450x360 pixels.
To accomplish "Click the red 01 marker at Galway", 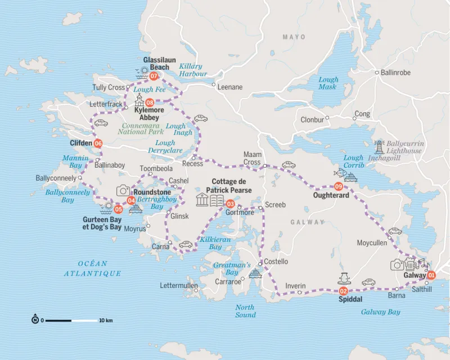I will pos(431,276).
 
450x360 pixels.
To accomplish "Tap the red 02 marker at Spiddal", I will pos(343,291).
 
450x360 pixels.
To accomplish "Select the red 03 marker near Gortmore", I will pos(229,203).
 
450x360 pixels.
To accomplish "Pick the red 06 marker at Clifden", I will pos(98,143).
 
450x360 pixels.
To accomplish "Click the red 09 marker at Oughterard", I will pos(339,186).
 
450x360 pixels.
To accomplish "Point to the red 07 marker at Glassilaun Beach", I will pos(153,76).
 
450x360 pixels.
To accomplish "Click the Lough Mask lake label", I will pos(327,83).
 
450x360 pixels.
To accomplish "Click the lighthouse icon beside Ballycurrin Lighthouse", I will pos(379,147).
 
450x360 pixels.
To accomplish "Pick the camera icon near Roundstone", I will pos(123,190).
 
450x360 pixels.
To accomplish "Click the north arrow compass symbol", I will pos(35,321).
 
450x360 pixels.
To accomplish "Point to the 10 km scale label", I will pos(106,321).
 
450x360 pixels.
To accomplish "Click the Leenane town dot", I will pos(214,85).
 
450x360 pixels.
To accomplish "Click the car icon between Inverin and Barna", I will pos(368,282).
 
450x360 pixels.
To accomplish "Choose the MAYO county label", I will pos(294,37).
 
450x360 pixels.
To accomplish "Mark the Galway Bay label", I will pos(381,312).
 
